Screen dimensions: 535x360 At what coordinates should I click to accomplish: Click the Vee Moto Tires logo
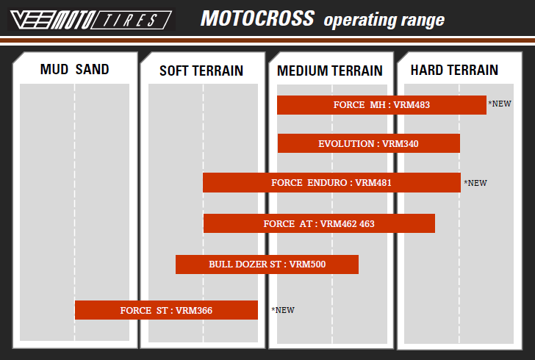click(x=91, y=20)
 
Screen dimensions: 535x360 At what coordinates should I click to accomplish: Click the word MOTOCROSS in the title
click(x=257, y=18)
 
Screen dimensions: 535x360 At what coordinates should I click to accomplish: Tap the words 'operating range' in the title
click(x=384, y=20)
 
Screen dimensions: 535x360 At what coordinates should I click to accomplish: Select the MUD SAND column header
click(x=74, y=69)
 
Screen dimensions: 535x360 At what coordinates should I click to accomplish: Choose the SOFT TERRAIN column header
click(x=201, y=71)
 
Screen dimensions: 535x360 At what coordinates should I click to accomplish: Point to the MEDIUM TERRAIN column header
click(x=329, y=71)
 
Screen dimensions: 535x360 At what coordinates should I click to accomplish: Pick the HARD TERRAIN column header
click(x=454, y=70)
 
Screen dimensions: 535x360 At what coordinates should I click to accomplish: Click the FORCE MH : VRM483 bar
click(x=381, y=105)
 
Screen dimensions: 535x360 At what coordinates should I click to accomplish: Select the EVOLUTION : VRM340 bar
click(x=368, y=143)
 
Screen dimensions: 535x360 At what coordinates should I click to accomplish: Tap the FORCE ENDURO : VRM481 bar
click(x=331, y=182)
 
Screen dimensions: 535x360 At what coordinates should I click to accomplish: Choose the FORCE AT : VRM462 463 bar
click(x=319, y=223)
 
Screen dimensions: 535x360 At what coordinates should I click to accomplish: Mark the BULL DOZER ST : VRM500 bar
click(x=267, y=264)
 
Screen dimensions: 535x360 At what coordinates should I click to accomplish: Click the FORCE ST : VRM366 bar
click(x=166, y=310)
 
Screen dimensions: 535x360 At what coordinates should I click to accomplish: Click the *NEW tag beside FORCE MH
click(x=500, y=104)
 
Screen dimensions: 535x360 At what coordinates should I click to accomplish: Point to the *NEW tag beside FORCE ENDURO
click(x=475, y=183)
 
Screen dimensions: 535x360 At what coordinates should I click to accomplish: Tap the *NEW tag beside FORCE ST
click(x=283, y=310)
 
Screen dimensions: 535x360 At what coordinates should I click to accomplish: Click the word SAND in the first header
click(x=92, y=69)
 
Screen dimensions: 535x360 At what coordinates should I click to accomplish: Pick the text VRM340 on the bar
click(x=401, y=144)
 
